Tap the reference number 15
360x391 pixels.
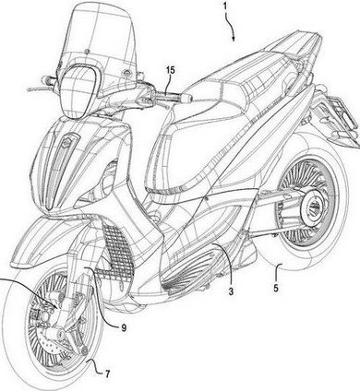[169, 68]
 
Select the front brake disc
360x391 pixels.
[55, 342]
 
